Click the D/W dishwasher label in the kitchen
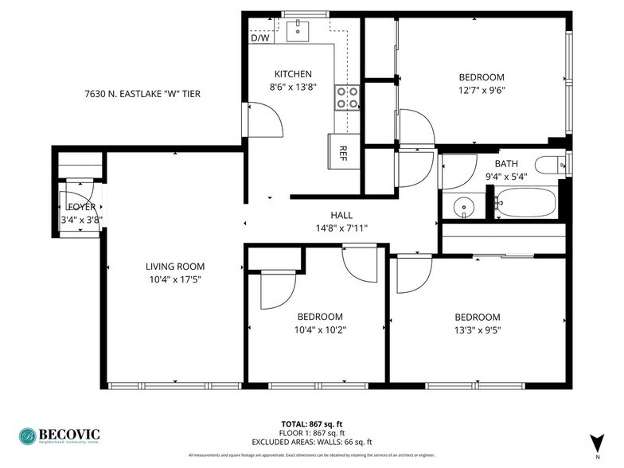259,37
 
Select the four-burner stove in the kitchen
347,97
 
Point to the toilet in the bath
550,165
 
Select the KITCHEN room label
293,74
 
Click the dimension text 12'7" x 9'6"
482,90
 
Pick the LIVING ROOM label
175,267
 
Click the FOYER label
82,207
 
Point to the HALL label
341,215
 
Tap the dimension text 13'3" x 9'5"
478,330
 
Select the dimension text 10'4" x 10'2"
321,329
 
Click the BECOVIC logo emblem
29,436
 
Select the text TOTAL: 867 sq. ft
311,423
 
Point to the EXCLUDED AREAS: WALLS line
311,442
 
